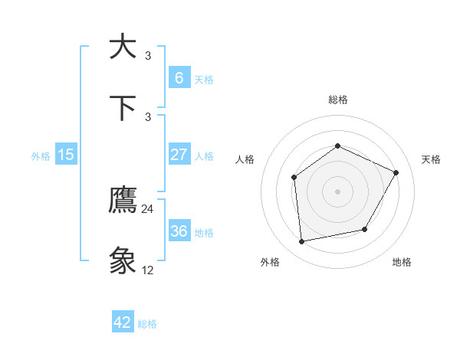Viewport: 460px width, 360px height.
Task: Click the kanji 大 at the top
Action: click(123, 46)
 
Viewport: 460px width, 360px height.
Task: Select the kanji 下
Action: click(123, 107)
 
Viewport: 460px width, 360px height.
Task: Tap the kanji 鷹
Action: click(123, 201)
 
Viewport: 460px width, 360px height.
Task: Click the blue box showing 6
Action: click(179, 77)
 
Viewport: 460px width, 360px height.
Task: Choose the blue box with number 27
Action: click(179, 155)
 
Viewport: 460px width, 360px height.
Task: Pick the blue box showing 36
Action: click(179, 231)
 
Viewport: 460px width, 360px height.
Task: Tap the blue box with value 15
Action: click(66, 155)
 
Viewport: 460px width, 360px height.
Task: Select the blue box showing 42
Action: click(123, 322)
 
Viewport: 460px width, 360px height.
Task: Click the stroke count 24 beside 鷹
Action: click(148, 209)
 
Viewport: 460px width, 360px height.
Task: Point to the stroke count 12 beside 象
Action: click(148, 270)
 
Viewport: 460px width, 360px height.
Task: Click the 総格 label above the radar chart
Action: click(337, 100)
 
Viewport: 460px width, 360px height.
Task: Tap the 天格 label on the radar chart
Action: click(431, 159)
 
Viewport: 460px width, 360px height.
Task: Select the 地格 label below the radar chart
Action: click(402, 262)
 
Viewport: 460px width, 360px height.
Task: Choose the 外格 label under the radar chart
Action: click(270, 262)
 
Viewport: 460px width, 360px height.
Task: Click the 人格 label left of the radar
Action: click(245, 159)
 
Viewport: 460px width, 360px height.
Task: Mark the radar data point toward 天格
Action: click(396, 172)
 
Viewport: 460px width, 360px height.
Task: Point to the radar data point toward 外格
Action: click(302, 242)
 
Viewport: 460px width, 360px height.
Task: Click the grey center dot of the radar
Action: click(337, 191)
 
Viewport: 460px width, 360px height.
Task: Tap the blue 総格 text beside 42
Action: click(147, 324)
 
